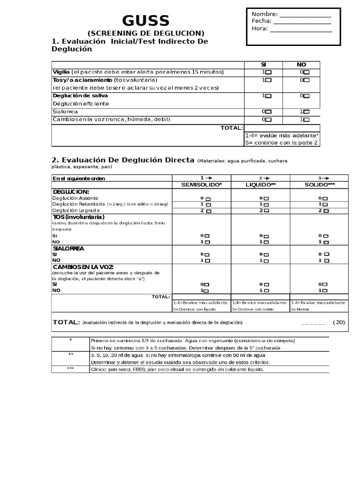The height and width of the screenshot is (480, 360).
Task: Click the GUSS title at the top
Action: (146, 21)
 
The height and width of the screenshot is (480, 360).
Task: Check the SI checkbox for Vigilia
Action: (268, 73)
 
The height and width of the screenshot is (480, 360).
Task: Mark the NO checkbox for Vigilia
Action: (307, 73)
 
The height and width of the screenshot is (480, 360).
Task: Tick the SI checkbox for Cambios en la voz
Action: (268, 120)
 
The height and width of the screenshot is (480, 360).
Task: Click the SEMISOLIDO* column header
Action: (202, 185)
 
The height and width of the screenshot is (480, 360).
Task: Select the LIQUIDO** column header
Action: (261, 185)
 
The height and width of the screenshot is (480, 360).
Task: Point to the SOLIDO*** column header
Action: (319, 185)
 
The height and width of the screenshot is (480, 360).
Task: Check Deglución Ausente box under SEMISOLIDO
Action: (208, 199)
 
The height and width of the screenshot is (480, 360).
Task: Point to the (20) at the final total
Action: (338, 322)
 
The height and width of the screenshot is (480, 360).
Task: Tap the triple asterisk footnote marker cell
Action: (70, 369)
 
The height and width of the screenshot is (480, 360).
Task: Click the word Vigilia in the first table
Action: (61, 72)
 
